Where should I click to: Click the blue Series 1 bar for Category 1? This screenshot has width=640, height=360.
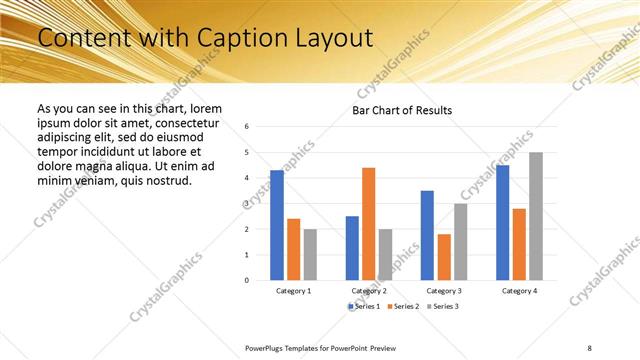277,225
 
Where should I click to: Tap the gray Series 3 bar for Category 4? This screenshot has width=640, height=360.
536,216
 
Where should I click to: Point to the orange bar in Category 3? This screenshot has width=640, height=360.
444,257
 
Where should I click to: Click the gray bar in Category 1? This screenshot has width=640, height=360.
311,254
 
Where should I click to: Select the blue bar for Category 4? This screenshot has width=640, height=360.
502,222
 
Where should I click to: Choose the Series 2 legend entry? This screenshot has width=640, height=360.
401,305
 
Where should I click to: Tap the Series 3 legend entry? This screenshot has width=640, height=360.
441,305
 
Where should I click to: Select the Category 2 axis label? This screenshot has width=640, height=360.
369,290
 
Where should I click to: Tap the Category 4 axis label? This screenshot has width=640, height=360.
519,290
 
